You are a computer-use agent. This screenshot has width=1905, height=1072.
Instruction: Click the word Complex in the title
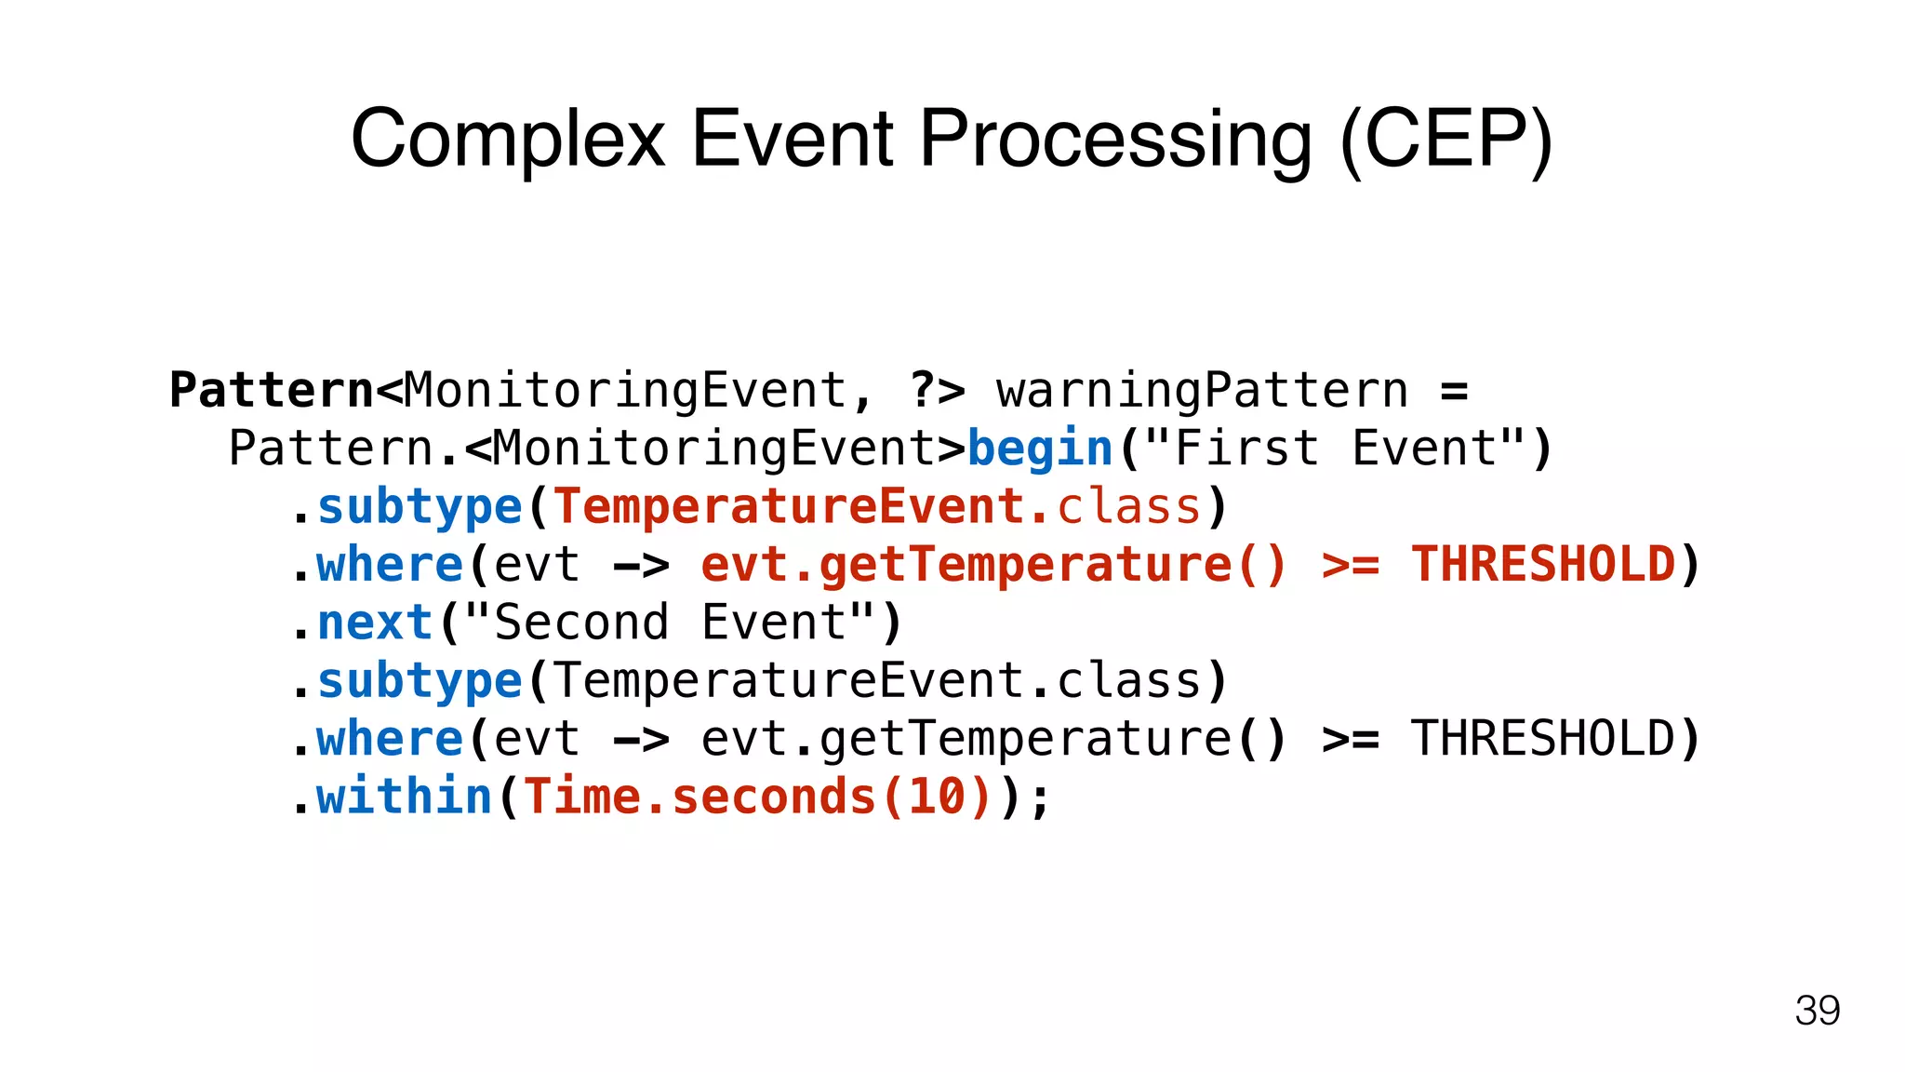pyautogui.click(x=508, y=140)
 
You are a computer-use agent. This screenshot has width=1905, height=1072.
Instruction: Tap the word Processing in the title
pyautogui.click(x=1115, y=140)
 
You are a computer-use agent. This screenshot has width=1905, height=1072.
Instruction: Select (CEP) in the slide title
pyautogui.click(x=1446, y=140)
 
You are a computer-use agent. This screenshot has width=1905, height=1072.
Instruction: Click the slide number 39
pyautogui.click(x=1817, y=1011)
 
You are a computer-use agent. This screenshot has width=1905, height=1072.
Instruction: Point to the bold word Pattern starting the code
pyautogui.click(x=272, y=390)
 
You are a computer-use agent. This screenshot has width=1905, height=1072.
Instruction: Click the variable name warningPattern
pyautogui.click(x=1202, y=390)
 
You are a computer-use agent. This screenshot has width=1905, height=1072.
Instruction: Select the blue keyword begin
pyautogui.click(x=1040, y=449)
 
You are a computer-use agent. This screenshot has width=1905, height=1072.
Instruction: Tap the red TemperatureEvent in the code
pyautogui.click(x=789, y=507)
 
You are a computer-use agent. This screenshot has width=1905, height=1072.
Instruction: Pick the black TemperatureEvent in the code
pyautogui.click(x=789, y=680)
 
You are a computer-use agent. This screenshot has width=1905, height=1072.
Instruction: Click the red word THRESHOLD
pyautogui.click(x=1543, y=565)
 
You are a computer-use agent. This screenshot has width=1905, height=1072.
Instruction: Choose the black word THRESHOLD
pyautogui.click(x=1543, y=739)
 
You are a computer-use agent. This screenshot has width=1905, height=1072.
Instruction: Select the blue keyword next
pyautogui.click(x=375, y=623)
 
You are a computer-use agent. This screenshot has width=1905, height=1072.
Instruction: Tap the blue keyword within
pyautogui.click(x=404, y=797)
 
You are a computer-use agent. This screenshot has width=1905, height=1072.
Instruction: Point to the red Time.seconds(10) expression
pyautogui.click(x=758, y=797)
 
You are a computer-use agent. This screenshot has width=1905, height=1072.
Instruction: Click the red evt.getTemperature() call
pyautogui.click(x=993, y=565)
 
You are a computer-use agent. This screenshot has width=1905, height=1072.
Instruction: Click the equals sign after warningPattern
pyautogui.click(x=1454, y=391)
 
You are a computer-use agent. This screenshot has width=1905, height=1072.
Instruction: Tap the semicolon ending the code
pyautogui.click(x=1040, y=800)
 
